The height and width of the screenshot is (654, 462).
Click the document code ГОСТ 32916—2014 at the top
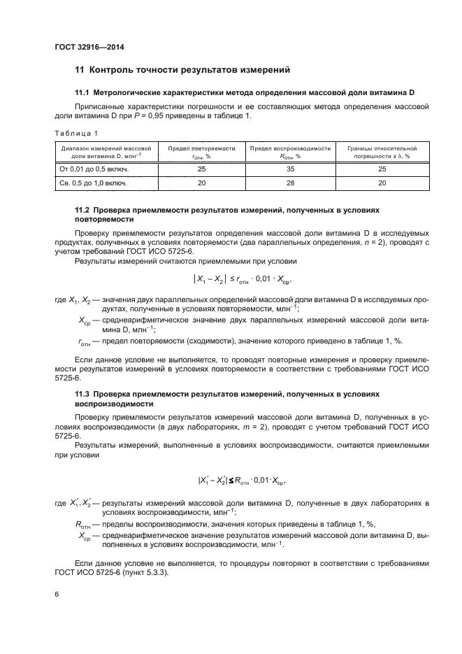tap(84, 48)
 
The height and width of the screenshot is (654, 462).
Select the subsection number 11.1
tap(83, 92)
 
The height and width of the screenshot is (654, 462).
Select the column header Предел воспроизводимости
tap(289, 149)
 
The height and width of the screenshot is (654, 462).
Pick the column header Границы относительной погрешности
tap(382, 149)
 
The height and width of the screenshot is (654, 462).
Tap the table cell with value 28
tap(289, 183)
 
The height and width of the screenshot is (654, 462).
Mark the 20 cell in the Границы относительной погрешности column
tap(382, 183)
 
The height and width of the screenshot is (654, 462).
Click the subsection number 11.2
tap(83, 210)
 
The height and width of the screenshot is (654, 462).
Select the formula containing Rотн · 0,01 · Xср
tap(242, 481)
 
